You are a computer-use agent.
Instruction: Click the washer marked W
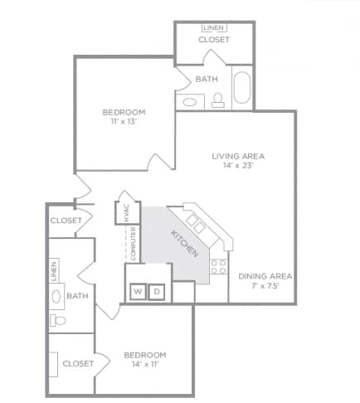pyautogui.click(x=138, y=291)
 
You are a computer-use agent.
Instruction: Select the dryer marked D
pyautogui.click(x=157, y=292)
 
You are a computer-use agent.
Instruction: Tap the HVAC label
pyautogui.click(x=127, y=213)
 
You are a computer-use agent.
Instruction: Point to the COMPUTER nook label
pyautogui.click(x=133, y=244)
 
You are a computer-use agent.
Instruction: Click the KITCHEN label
pyautogui.click(x=184, y=244)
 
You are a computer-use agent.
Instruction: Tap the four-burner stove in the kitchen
pyautogui.click(x=219, y=267)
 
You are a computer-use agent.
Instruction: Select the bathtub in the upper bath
pyautogui.click(x=242, y=88)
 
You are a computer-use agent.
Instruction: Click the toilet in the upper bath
pyautogui.click(x=218, y=100)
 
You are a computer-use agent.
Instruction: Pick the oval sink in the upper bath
pyautogui.click(x=190, y=103)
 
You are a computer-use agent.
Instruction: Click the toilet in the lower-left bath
pyautogui.click(x=57, y=321)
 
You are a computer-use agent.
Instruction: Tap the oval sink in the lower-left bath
pyautogui.click(x=56, y=297)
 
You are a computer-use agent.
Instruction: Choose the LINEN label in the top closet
pyautogui.click(x=214, y=27)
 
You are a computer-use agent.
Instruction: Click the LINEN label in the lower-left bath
pyautogui.click(x=54, y=271)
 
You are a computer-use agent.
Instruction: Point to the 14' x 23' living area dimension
pyautogui.click(x=238, y=166)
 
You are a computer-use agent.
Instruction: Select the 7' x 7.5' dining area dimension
pyautogui.click(x=265, y=286)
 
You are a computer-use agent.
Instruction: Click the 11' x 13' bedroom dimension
pyautogui.click(x=124, y=121)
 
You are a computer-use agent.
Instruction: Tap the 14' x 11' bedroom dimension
pyautogui.click(x=145, y=364)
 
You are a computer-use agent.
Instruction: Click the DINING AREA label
pyautogui.click(x=265, y=276)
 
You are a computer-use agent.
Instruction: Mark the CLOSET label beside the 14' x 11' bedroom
pyautogui.click(x=78, y=363)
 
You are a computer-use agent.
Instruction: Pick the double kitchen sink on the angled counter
pyautogui.click(x=196, y=224)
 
